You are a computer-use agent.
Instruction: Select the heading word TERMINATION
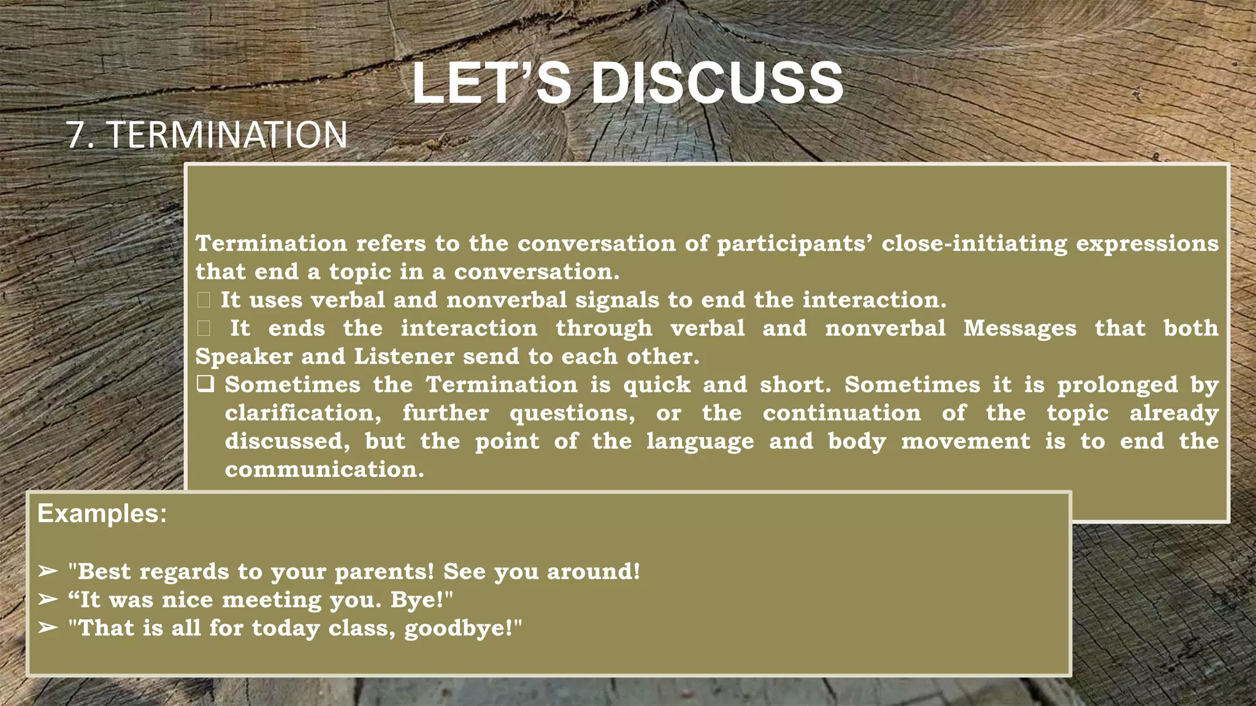tap(228, 135)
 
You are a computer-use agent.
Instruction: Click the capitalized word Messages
tap(1019, 328)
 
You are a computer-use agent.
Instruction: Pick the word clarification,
tap(303, 413)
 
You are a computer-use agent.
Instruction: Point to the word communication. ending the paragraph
tap(324, 469)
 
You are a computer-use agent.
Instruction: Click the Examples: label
tap(102, 514)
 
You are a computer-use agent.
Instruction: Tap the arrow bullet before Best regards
tap(47, 571)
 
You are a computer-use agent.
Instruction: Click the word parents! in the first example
tap(384, 572)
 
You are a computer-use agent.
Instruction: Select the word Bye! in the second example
tap(421, 600)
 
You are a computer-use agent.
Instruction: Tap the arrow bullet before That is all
tap(47, 628)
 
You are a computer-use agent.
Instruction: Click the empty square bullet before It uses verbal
tap(204, 300)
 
